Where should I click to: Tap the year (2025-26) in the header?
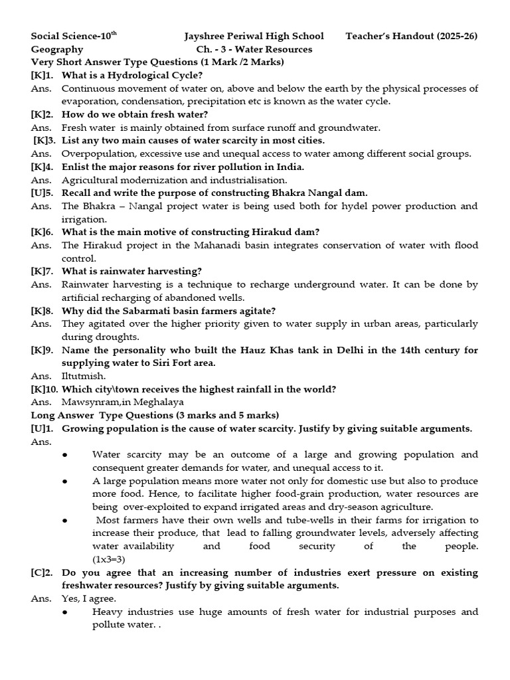(x=457, y=36)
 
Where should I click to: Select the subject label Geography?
(x=57, y=49)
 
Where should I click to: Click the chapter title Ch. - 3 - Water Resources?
(x=254, y=49)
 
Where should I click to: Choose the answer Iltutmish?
(x=84, y=376)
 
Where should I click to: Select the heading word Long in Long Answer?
(x=43, y=415)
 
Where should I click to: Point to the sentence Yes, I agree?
(x=89, y=598)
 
